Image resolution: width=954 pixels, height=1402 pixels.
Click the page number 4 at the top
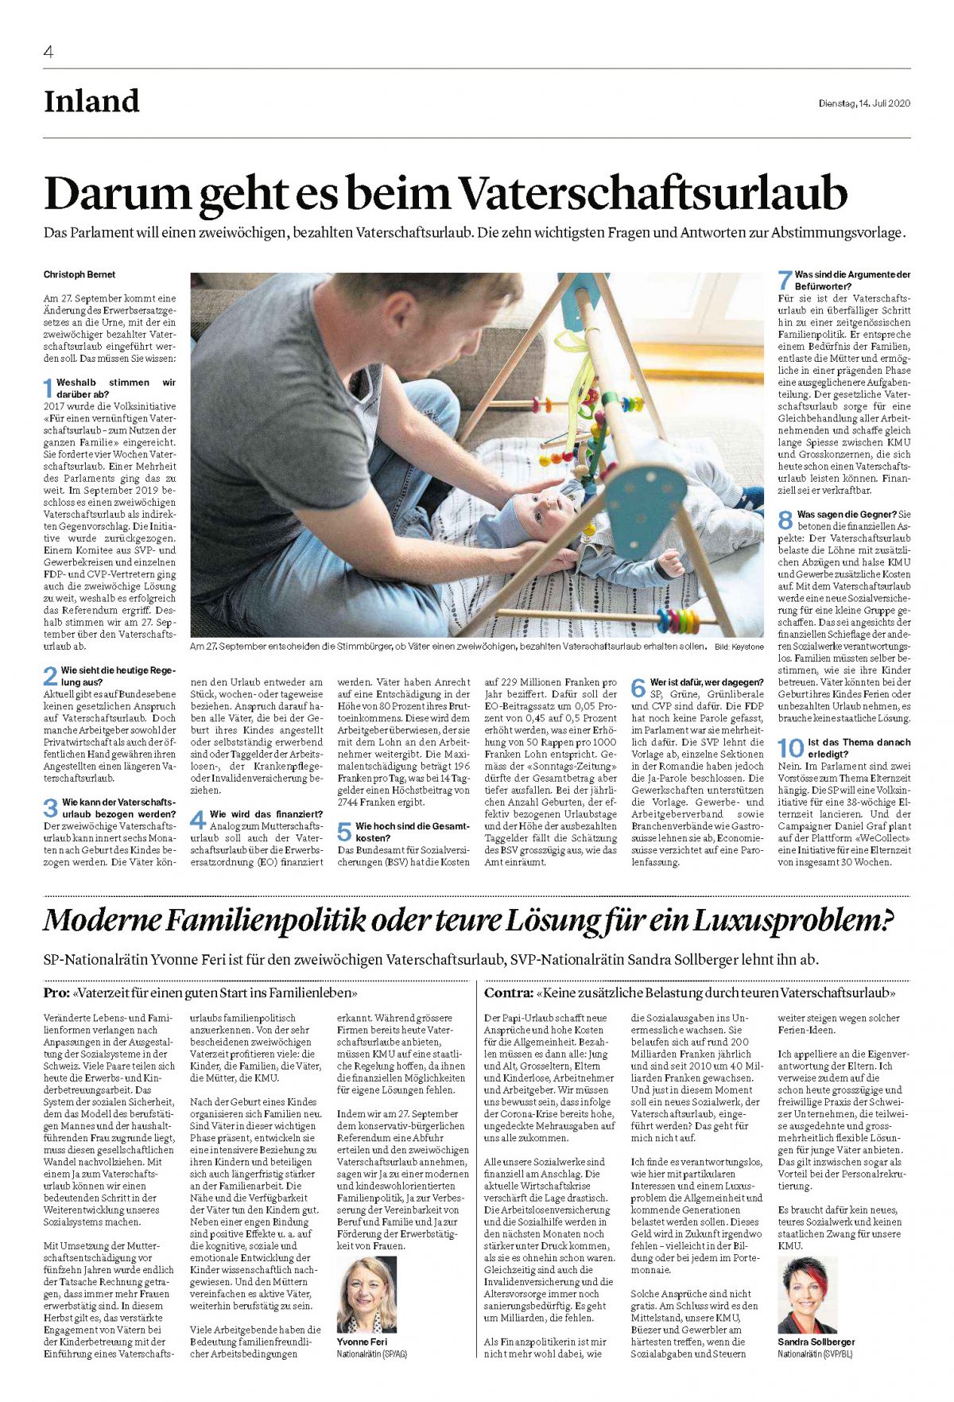[48, 52]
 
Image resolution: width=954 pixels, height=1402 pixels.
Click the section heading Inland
[91, 102]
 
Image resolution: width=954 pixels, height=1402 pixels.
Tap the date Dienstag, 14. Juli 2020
[864, 103]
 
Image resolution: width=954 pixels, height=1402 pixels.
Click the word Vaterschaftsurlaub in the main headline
[653, 194]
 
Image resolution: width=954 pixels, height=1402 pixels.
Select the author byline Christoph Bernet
[79, 274]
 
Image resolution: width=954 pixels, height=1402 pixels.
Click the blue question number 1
[48, 388]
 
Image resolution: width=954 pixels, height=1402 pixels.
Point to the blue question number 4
[197, 819]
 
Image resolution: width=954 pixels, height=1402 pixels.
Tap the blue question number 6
[638, 688]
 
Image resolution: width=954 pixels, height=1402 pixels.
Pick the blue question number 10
[790, 748]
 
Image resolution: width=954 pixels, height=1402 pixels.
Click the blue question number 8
[785, 520]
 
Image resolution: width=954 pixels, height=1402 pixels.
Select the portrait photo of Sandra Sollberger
[807, 1294]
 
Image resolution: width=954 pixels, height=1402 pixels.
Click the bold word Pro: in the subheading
[56, 992]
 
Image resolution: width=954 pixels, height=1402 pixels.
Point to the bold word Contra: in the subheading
[508, 992]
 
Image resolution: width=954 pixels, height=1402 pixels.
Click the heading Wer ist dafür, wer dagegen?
[706, 682]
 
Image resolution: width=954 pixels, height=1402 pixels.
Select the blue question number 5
[344, 832]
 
